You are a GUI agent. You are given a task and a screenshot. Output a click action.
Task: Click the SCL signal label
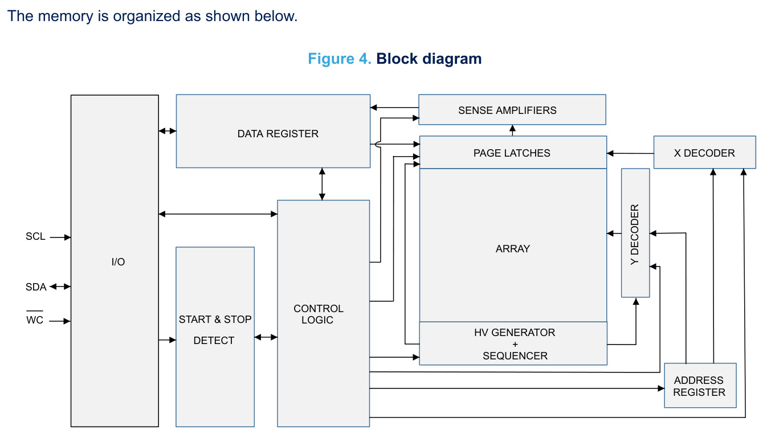[x=35, y=236]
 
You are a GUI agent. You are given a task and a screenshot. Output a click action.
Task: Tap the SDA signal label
[x=36, y=287]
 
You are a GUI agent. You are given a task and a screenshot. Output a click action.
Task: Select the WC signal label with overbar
[x=35, y=318]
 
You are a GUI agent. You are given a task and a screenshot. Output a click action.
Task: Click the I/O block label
[x=118, y=262]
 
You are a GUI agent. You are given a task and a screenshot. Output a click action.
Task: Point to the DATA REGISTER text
[x=278, y=134]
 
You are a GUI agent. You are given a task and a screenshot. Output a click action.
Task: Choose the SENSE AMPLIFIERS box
[x=512, y=109]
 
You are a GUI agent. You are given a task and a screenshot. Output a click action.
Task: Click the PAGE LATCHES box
[x=513, y=153]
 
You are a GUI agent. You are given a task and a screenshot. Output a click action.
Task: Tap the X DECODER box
[x=705, y=153]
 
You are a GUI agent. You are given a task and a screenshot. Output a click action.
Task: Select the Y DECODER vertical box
[x=635, y=233]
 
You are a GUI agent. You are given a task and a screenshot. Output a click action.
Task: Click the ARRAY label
[x=513, y=249]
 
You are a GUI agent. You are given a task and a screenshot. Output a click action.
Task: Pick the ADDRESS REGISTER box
[x=700, y=386]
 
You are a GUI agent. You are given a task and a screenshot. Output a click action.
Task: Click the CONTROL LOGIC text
[x=319, y=314]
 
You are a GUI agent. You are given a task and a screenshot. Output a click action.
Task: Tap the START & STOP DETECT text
[x=215, y=330]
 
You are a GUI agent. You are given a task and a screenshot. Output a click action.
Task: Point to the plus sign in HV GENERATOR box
[x=515, y=344]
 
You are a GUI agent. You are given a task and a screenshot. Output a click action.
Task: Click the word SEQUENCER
[x=515, y=356]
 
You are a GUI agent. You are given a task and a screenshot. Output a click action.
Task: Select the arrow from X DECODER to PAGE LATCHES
[x=630, y=154]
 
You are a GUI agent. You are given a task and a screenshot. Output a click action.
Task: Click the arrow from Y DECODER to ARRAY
[x=614, y=234]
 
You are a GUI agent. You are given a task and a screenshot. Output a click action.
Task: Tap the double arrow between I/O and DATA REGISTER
[x=168, y=130]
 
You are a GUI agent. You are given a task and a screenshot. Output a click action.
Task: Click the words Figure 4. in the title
[x=340, y=59]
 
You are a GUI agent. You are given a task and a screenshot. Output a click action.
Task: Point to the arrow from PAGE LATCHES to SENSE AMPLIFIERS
[x=512, y=130]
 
